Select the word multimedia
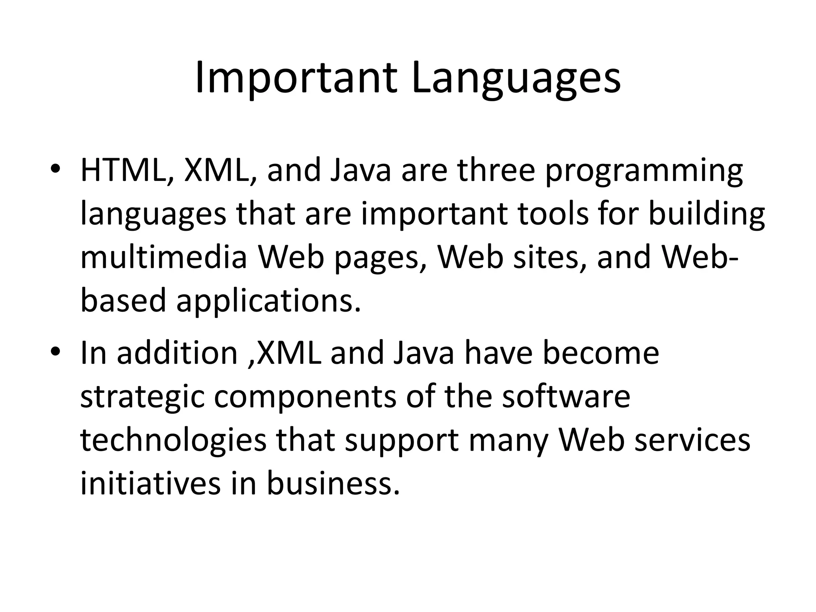point(164,257)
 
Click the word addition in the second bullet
point(177,353)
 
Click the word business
point(333,484)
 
